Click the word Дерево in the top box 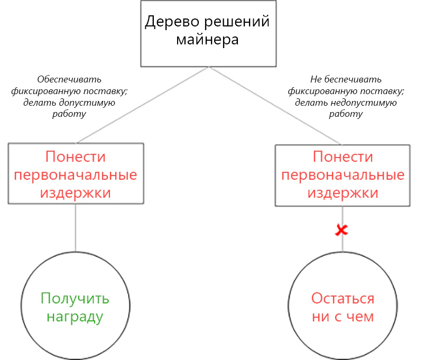click(x=172, y=22)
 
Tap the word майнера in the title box click(x=207, y=40)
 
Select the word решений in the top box click(x=237, y=22)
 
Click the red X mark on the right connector click(x=341, y=230)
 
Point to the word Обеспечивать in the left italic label click(x=69, y=79)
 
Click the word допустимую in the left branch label click(x=87, y=103)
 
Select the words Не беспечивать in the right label click(x=346, y=79)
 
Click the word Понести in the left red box click(x=76, y=156)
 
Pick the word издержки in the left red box click(x=76, y=193)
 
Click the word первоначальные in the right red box click(x=343, y=175)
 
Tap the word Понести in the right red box click(x=343, y=156)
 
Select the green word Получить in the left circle click(x=75, y=298)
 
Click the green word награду click(x=75, y=316)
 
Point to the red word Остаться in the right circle click(x=343, y=298)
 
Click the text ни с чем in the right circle click(x=343, y=316)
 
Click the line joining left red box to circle click(x=76, y=228)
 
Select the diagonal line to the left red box click(x=143, y=105)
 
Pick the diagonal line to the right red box click(x=275, y=106)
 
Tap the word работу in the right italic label click(x=346, y=114)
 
